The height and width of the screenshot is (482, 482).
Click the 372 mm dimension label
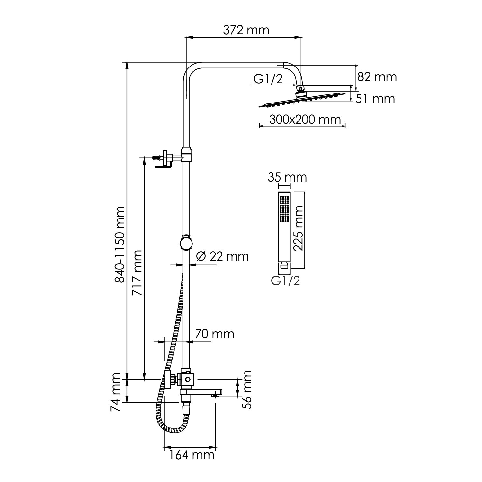tap(246, 30)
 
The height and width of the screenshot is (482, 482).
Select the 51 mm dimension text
tap(375, 98)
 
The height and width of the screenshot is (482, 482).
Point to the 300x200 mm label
tap(304, 120)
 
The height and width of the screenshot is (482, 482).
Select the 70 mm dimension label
tap(214, 334)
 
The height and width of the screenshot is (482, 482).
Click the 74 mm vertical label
tap(115, 393)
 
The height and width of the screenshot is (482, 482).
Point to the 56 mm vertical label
tap(247, 389)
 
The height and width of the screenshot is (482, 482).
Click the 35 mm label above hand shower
tap(288, 177)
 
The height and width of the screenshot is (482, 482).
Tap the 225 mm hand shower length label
tap(299, 228)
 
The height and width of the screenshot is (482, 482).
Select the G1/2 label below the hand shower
tap(286, 281)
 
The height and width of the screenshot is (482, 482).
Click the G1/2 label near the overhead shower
tap(268, 79)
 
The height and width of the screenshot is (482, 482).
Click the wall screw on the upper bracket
tap(156, 158)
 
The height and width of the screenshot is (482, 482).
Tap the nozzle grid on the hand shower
tap(284, 208)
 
